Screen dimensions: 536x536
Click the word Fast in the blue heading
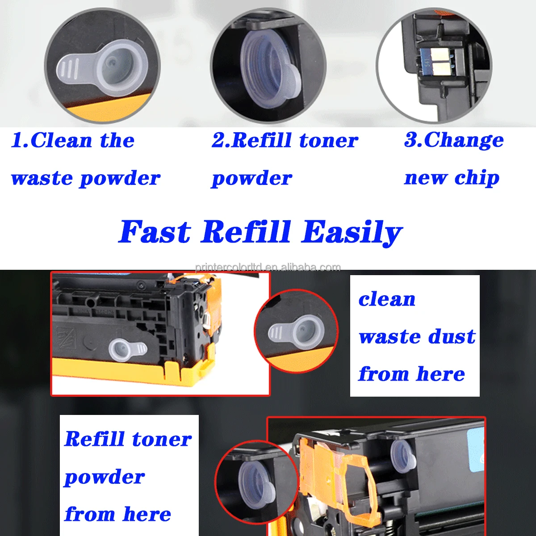[155, 232]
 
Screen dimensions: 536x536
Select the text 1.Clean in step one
[52, 140]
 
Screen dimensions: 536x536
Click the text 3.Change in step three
[454, 140]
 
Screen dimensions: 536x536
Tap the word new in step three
[425, 178]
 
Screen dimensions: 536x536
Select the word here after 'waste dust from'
[440, 374]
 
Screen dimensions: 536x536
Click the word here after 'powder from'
[147, 515]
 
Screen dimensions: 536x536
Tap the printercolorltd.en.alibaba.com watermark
[268, 268]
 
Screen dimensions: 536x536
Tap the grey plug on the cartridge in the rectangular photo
[127, 349]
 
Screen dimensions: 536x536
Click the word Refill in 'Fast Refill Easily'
[246, 232]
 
